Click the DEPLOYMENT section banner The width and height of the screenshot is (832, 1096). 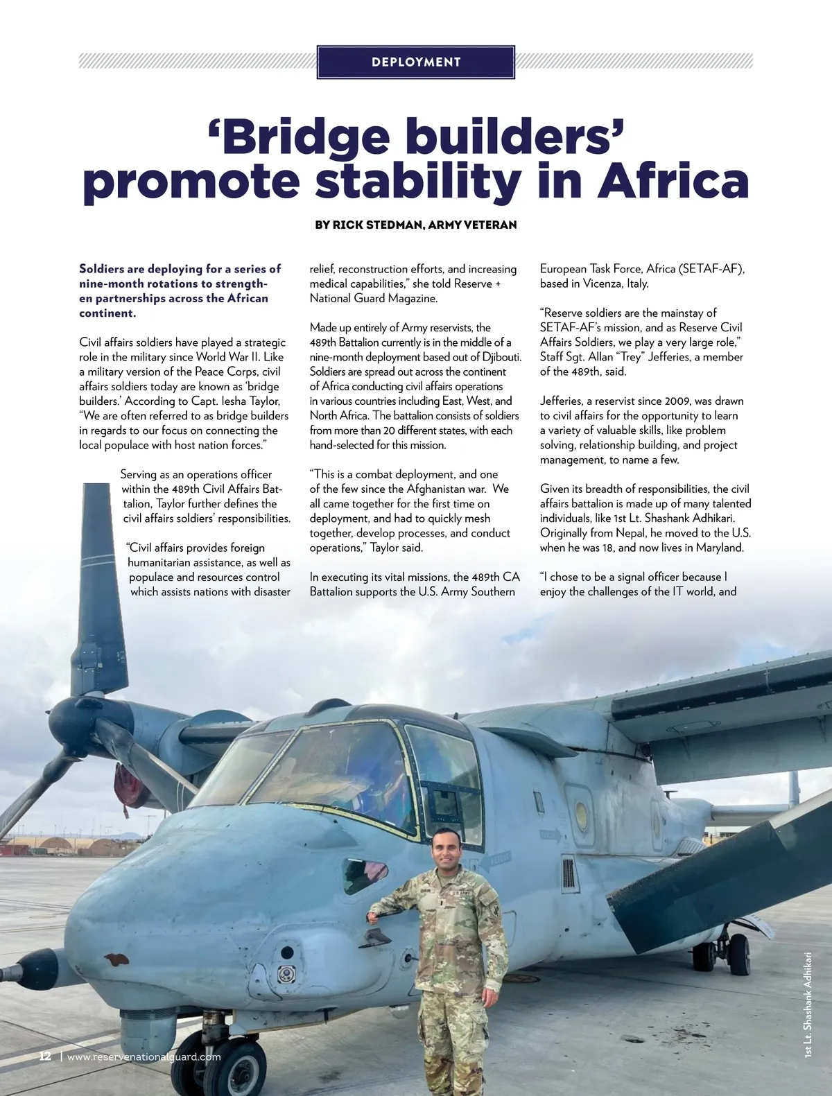(x=416, y=62)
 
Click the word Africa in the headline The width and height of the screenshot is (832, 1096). (x=673, y=181)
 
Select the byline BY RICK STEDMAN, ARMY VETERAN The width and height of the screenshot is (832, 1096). (x=416, y=225)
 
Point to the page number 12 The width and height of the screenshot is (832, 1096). (x=45, y=1056)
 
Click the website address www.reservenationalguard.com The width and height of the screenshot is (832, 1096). (x=144, y=1056)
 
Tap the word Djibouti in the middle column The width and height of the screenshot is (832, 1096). (x=497, y=357)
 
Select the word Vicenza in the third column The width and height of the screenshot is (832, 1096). (x=602, y=284)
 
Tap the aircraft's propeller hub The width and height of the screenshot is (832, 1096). (x=69, y=724)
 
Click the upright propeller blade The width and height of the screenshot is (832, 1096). (x=98, y=589)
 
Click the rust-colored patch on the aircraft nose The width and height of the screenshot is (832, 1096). (x=116, y=959)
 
